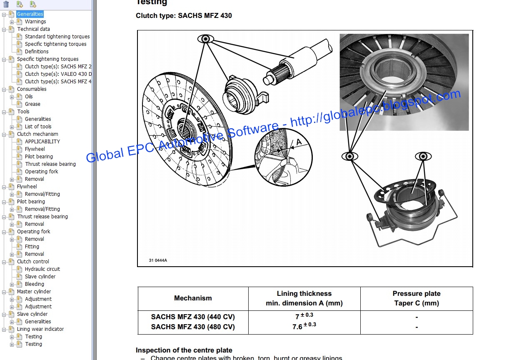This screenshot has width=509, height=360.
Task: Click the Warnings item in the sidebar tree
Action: pos(35,22)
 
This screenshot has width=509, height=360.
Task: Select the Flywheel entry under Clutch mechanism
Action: pos(35,149)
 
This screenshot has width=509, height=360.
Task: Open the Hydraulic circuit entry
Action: pos(42,269)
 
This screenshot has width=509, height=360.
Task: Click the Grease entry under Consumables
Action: pos(32,104)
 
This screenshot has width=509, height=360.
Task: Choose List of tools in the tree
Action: pos(38,127)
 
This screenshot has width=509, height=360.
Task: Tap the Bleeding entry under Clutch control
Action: pos(34,284)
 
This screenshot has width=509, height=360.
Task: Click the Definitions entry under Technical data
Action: pos(37,52)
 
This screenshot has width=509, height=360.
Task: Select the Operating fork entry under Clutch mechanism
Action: pos(41,172)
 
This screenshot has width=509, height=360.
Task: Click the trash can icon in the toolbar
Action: pos(6,4)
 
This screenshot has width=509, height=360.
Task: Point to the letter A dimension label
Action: pos(298,142)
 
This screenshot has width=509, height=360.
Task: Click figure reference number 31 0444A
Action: pos(158,260)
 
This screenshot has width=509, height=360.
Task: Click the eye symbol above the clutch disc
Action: pos(206,39)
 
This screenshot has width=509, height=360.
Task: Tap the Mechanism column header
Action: pos(193,298)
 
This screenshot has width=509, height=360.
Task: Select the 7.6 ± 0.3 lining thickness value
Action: pos(304,326)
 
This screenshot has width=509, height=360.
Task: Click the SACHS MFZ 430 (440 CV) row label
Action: pos(193,317)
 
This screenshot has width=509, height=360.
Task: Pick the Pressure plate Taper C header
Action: pos(416,298)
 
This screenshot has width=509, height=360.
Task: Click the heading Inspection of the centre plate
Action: pos(184,350)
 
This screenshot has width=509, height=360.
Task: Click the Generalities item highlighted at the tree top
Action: pos(30,14)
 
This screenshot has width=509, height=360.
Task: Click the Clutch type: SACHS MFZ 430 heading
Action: pos(184,16)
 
